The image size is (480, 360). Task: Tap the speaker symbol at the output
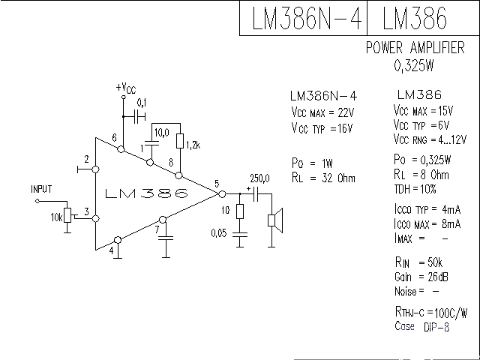[x=275, y=220]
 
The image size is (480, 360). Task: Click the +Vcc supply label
[x=126, y=88]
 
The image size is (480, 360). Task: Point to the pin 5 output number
[x=216, y=184]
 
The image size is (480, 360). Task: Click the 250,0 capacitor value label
[x=259, y=178]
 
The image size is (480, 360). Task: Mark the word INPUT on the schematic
[x=42, y=188]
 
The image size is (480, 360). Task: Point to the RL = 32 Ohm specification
[x=322, y=178]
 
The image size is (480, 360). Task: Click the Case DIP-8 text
[x=422, y=327]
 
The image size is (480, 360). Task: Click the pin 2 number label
[x=88, y=160]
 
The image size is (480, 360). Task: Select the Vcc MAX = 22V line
[x=322, y=112]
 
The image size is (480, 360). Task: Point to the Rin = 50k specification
[x=417, y=262]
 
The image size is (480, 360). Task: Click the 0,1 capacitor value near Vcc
[x=142, y=102]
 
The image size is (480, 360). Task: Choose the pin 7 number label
[x=157, y=229]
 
